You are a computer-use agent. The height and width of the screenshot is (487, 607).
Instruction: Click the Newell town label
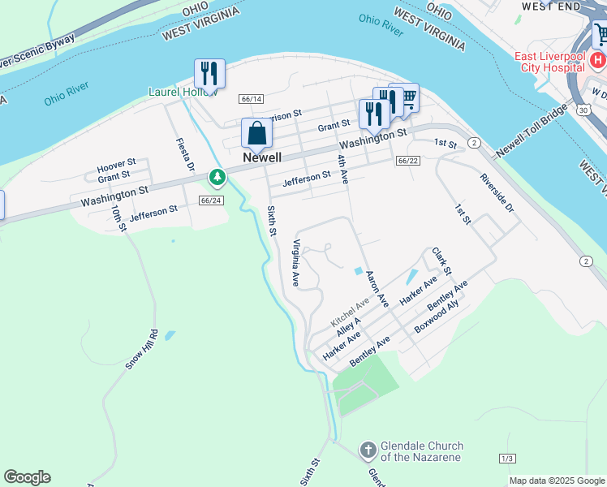point(262,157)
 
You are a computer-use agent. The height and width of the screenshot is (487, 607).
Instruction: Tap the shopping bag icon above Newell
point(256,134)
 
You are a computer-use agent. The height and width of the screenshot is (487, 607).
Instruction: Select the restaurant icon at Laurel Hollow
point(209,74)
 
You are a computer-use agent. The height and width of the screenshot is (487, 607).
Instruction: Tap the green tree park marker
point(217,176)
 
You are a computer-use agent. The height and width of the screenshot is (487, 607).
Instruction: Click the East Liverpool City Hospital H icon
point(598,61)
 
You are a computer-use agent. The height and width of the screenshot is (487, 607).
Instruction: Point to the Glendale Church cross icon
point(368,450)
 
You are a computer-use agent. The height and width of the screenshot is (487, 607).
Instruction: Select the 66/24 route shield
point(210,200)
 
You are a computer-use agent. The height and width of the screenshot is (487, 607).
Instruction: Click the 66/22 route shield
point(408,161)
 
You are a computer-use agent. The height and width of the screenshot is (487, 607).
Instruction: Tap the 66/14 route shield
point(252,99)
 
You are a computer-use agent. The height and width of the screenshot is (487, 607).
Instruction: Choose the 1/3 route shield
point(507,459)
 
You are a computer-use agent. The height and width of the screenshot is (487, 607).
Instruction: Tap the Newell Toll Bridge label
point(532,131)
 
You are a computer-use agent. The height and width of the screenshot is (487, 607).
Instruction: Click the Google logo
point(27,477)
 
